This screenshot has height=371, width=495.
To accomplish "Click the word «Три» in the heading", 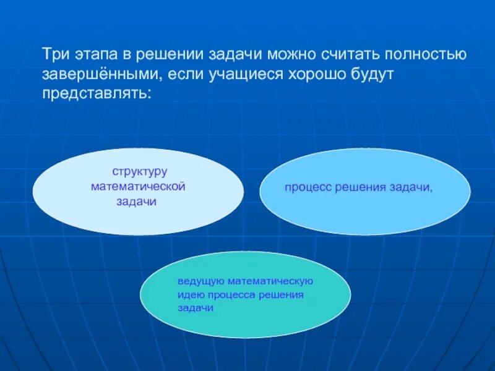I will click(x=55, y=54).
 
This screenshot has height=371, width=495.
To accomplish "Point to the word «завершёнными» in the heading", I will click(x=98, y=74).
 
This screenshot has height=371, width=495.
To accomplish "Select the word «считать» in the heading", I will click(x=353, y=54).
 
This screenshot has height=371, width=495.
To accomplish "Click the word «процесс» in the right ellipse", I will click(x=308, y=187).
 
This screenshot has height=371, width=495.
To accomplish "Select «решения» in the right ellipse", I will click(x=360, y=187).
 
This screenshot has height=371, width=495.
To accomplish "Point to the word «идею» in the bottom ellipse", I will click(x=189, y=294).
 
